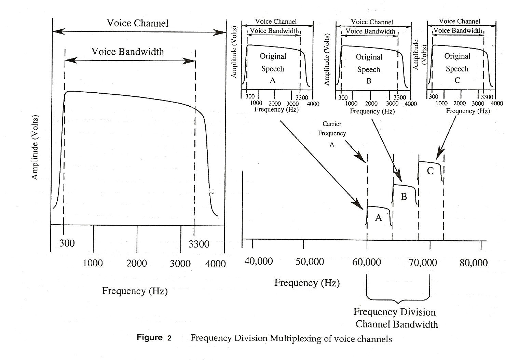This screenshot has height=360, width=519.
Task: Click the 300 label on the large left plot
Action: [x=67, y=243]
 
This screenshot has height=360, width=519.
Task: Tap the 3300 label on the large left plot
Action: [x=199, y=244]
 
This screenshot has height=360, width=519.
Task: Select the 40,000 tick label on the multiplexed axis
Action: [x=259, y=262]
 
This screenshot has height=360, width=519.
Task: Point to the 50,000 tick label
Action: [x=309, y=262]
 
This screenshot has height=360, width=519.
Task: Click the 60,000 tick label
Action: [x=366, y=262]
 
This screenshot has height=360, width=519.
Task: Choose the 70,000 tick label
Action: [x=423, y=263]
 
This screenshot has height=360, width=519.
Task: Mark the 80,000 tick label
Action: [x=474, y=263]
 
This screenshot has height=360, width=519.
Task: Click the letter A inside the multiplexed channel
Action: [x=378, y=218]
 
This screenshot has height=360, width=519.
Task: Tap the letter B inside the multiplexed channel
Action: [x=404, y=197]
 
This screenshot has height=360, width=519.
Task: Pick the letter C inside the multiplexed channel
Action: [x=430, y=171]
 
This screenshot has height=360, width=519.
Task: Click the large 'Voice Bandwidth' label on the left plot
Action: [x=127, y=52]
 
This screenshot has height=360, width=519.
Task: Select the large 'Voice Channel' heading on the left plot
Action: [x=137, y=23]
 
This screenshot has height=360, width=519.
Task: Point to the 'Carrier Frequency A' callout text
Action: [x=332, y=134]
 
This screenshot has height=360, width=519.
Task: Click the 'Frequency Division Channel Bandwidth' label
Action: [x=396, y=318]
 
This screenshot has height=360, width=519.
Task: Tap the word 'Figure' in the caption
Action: [x=150, y=338]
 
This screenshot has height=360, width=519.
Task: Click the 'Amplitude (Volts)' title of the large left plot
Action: [x=35, y=147]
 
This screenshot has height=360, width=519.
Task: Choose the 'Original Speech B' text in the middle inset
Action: [x=369, y=69]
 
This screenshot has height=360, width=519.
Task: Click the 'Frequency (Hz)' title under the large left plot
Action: [x=135, y=291]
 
